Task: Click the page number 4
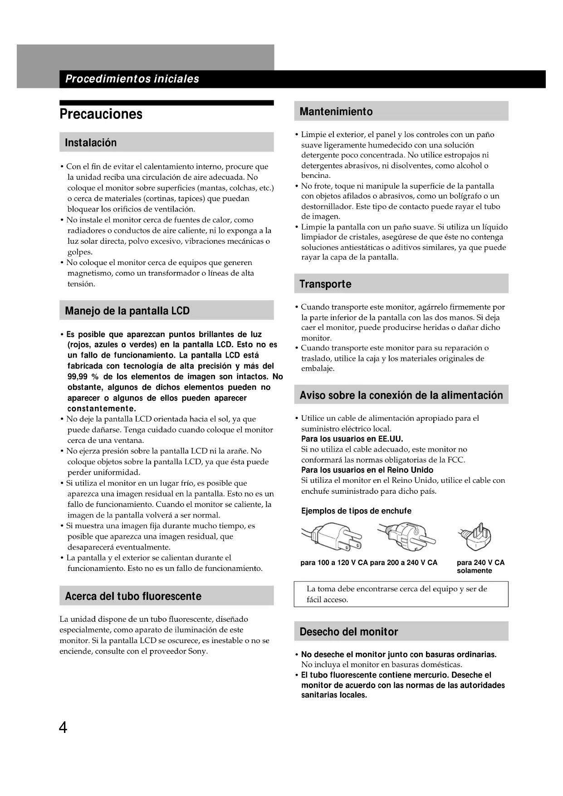tap(63, 728)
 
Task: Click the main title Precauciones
tap(101, 114)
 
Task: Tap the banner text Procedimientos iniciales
tap(132, 79)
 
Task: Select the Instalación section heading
tap(91, 143)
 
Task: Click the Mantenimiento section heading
tap(336, 112)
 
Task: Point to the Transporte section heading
tap(325, 284)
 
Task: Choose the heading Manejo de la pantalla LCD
tap(127, 311)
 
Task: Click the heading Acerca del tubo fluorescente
tap(133, 596)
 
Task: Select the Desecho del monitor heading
tap(348, 632)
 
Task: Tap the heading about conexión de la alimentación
tap(401, 395)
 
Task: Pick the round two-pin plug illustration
tap(406, 535)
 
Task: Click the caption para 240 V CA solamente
tap(480, 566)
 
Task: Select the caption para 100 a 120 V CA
tap(334, 563)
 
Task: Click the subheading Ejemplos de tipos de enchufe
tap(356, 511)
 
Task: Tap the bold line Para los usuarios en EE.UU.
tap(352, 439)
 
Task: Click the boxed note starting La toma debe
tap(401, 594)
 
